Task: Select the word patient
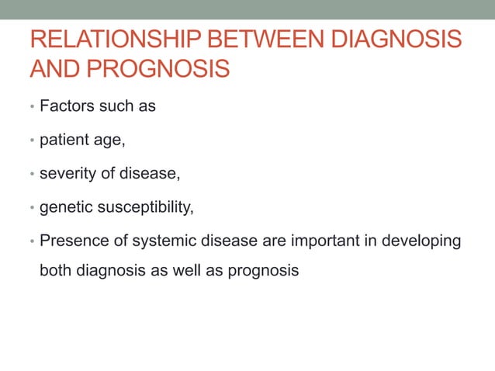coord(64,140)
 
